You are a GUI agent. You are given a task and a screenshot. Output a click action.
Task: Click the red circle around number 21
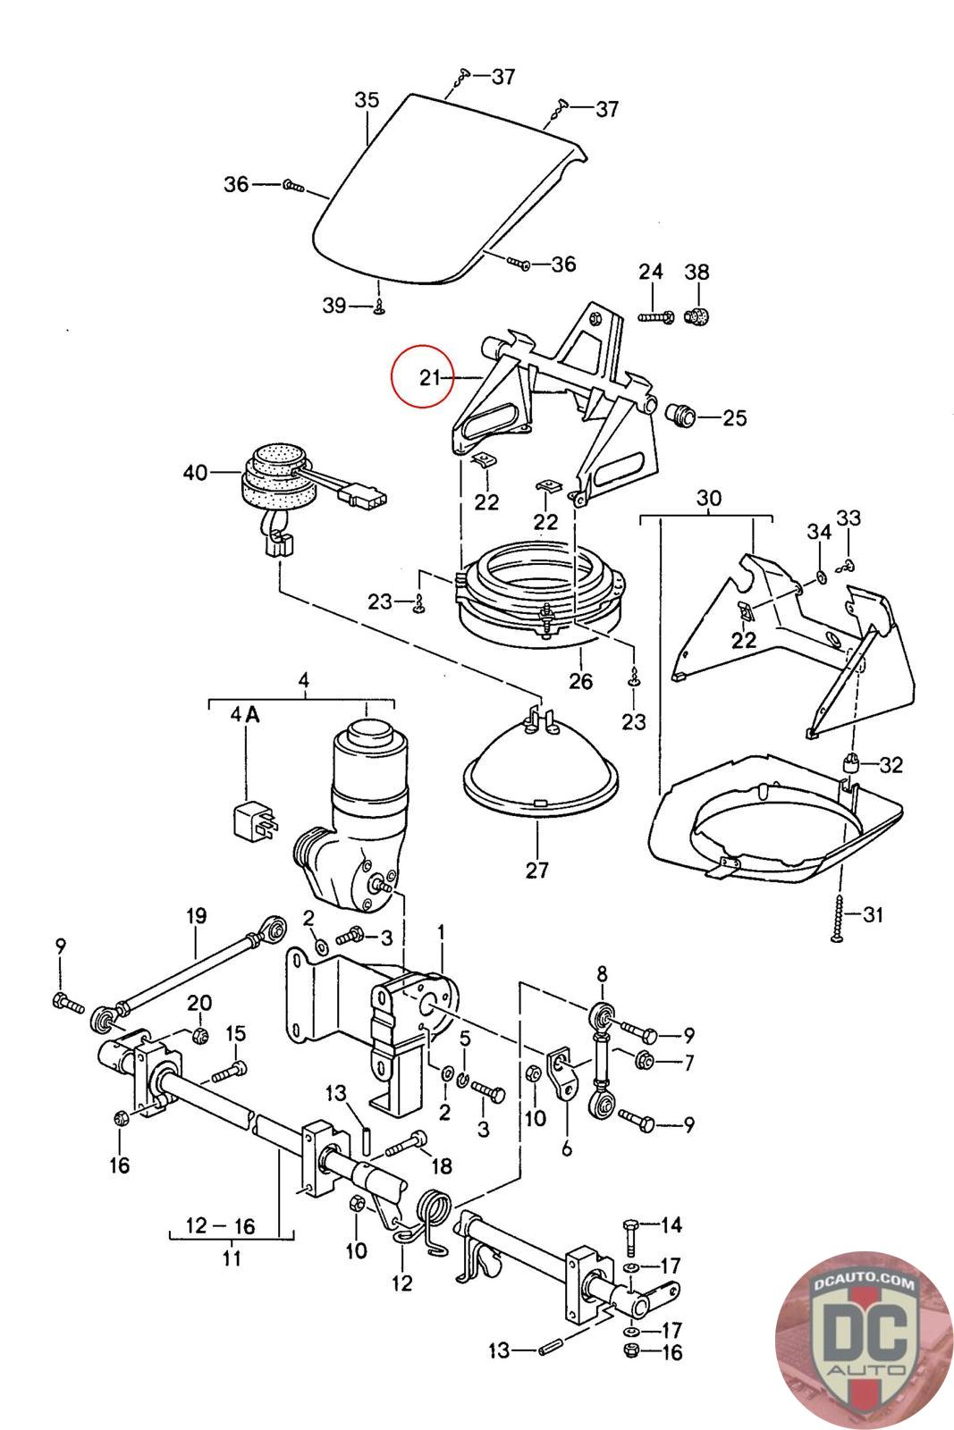coord(424,375)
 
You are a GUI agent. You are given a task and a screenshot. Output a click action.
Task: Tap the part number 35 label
coord(367,100)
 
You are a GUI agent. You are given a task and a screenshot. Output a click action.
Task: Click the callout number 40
coord(194,472)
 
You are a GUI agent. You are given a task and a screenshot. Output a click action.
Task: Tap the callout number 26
coord(580,681)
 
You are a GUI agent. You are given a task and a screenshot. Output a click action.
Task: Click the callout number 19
coord(196,915)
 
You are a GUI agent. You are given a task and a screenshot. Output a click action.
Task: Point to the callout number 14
coord(671,1224)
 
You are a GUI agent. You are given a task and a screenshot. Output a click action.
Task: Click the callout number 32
coord(891,765)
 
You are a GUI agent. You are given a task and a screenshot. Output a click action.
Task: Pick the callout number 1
coord(440,934)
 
